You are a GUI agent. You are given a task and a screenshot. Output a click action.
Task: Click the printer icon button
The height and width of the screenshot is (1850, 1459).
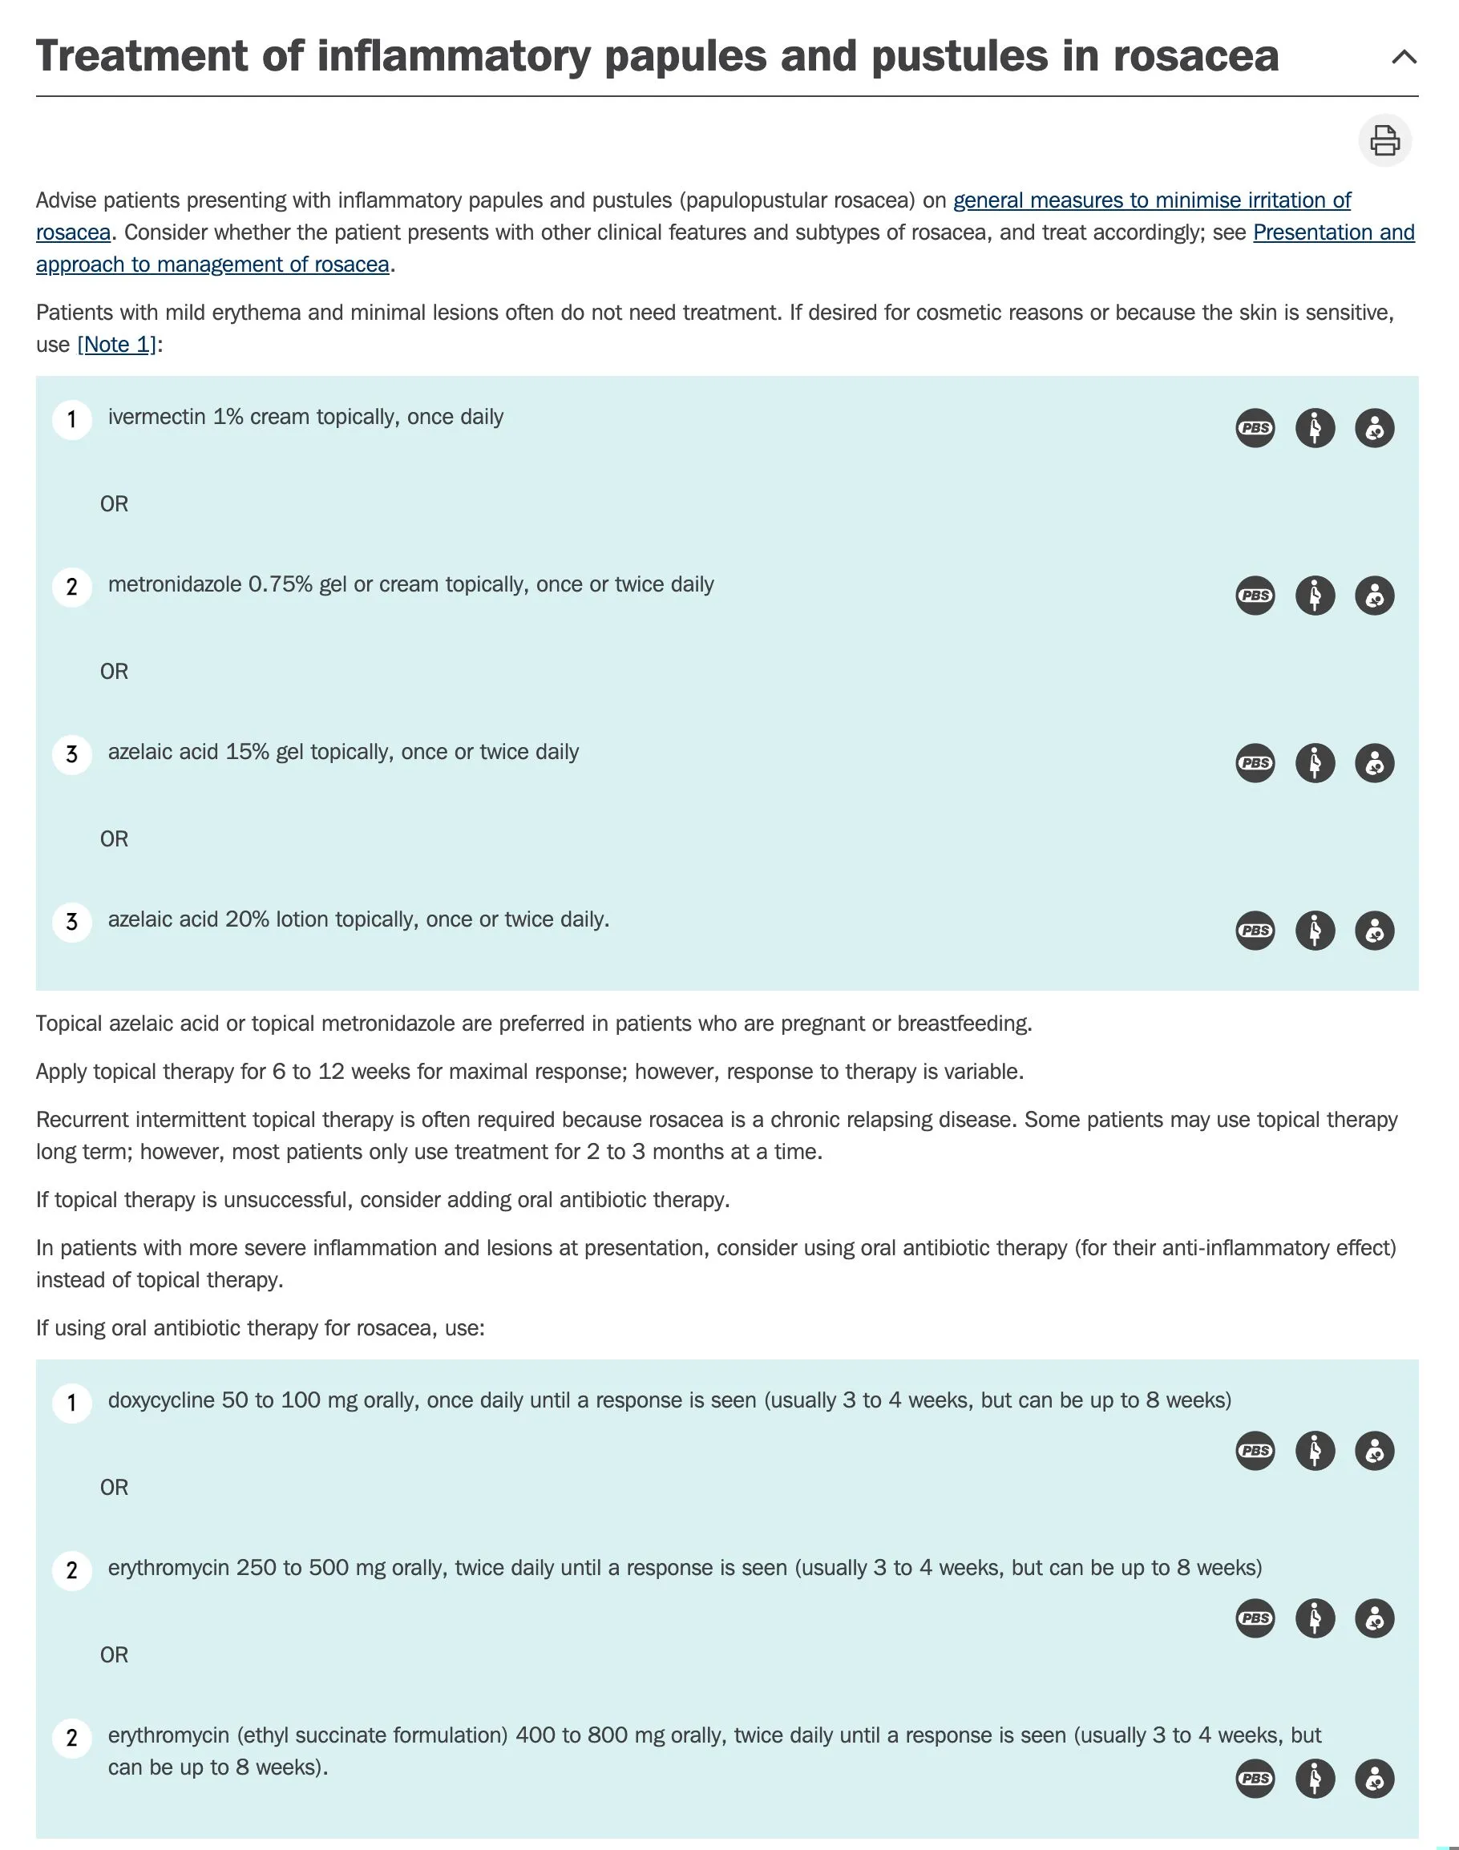(1384, 140)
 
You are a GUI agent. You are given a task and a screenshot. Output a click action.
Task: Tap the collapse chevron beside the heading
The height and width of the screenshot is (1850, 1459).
(1404, 57)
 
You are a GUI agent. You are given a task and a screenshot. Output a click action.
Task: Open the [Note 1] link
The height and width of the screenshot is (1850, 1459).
(117, 344)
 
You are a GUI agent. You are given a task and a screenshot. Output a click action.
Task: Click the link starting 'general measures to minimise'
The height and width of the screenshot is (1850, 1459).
(1151, 200)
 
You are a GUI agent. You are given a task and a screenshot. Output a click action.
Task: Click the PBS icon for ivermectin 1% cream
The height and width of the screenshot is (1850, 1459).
(1255, 428)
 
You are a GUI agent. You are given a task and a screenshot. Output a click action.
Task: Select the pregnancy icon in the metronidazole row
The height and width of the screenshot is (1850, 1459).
(1315, 596)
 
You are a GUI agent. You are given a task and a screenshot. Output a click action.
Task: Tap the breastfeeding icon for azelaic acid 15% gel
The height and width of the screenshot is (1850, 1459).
(1375, 763)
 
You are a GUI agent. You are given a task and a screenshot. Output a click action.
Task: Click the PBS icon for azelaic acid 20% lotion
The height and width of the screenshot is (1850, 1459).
(1255, 930)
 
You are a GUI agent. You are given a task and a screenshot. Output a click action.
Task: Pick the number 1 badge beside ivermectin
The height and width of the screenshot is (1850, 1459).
(72, 420)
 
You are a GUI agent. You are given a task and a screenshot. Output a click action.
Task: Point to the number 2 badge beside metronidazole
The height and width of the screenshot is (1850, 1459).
(72, 588)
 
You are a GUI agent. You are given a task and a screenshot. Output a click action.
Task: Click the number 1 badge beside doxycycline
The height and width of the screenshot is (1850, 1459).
(72, 1404)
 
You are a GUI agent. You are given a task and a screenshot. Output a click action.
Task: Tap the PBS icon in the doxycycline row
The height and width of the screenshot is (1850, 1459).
(1255, 1450)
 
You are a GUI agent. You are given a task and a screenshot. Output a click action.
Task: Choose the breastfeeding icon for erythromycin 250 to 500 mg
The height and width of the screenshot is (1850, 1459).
(1375, 1618)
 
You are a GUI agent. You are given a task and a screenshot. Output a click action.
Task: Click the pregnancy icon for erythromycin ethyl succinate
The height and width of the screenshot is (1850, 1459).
(1315, 1778)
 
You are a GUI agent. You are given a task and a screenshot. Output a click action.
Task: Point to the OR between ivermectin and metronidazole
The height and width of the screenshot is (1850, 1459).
(115, 504)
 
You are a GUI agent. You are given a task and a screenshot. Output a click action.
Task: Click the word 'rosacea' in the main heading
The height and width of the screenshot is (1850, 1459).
(1195, 56)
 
